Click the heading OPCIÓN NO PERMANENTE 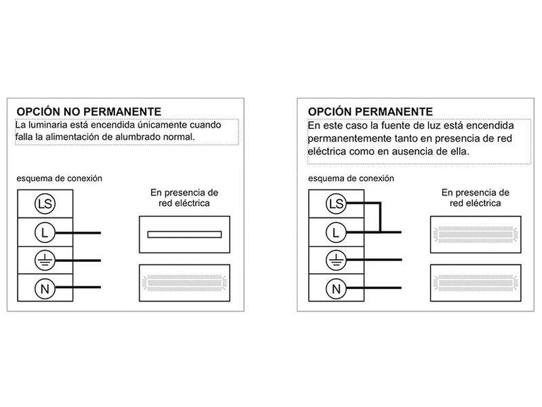89,112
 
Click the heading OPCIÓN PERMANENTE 370,112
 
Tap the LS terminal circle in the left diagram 44,205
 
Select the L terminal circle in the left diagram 44,232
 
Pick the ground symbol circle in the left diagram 44,260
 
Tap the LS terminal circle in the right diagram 336,205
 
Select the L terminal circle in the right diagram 336,231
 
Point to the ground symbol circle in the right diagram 336,260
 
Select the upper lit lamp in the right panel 475,234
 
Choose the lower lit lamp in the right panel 475,279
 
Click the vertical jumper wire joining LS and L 380,218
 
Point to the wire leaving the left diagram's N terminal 88,287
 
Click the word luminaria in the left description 50,125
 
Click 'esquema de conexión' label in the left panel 59,178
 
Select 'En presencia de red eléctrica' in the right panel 475,197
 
